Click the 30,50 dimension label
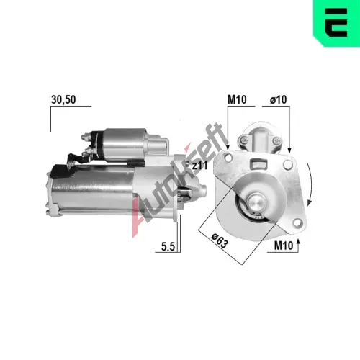click(x=63, y=99)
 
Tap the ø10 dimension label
click(x=278, y=99)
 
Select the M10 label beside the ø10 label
click(x=237, y=99)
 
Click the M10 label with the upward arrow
click(x=284, y=246)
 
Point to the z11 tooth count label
click(x=199, y=166)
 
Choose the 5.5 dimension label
click(x=168, y=246)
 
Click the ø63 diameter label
click(x=219, y=240)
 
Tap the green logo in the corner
click(x=336, y=23)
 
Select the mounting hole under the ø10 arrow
click(x=287, y=164)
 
